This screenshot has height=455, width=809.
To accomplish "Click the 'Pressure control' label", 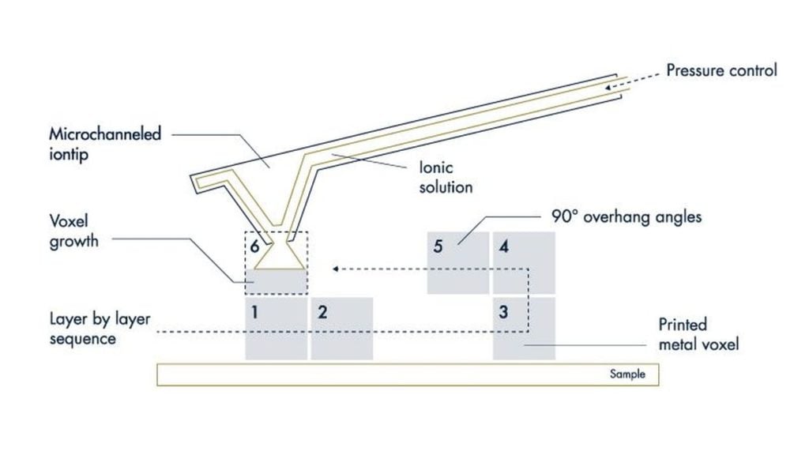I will (x=721, y=70).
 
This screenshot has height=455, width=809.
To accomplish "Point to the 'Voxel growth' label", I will (x=73, y=231).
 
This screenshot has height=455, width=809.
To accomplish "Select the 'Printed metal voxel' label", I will (x=699, y=334).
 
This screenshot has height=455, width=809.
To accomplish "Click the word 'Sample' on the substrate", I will (x=627, y=374).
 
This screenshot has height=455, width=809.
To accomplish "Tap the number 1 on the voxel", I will (x=254, y=311).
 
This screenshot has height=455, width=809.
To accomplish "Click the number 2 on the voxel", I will (x=322, y=311).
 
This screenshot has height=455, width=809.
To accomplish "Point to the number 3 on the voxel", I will (x=503, y=311).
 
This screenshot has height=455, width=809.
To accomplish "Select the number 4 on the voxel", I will (x=503, y=246).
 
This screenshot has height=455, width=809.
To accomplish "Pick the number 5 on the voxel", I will (x=438, y=246).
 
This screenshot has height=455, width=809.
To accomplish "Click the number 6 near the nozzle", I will (x=254, y=246).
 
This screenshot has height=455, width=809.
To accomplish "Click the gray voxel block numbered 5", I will (x=458, y=264).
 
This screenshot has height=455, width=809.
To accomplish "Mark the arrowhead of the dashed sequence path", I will (x=337, y=269).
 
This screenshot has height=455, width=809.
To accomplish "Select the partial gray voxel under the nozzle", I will (x=276, y=281).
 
